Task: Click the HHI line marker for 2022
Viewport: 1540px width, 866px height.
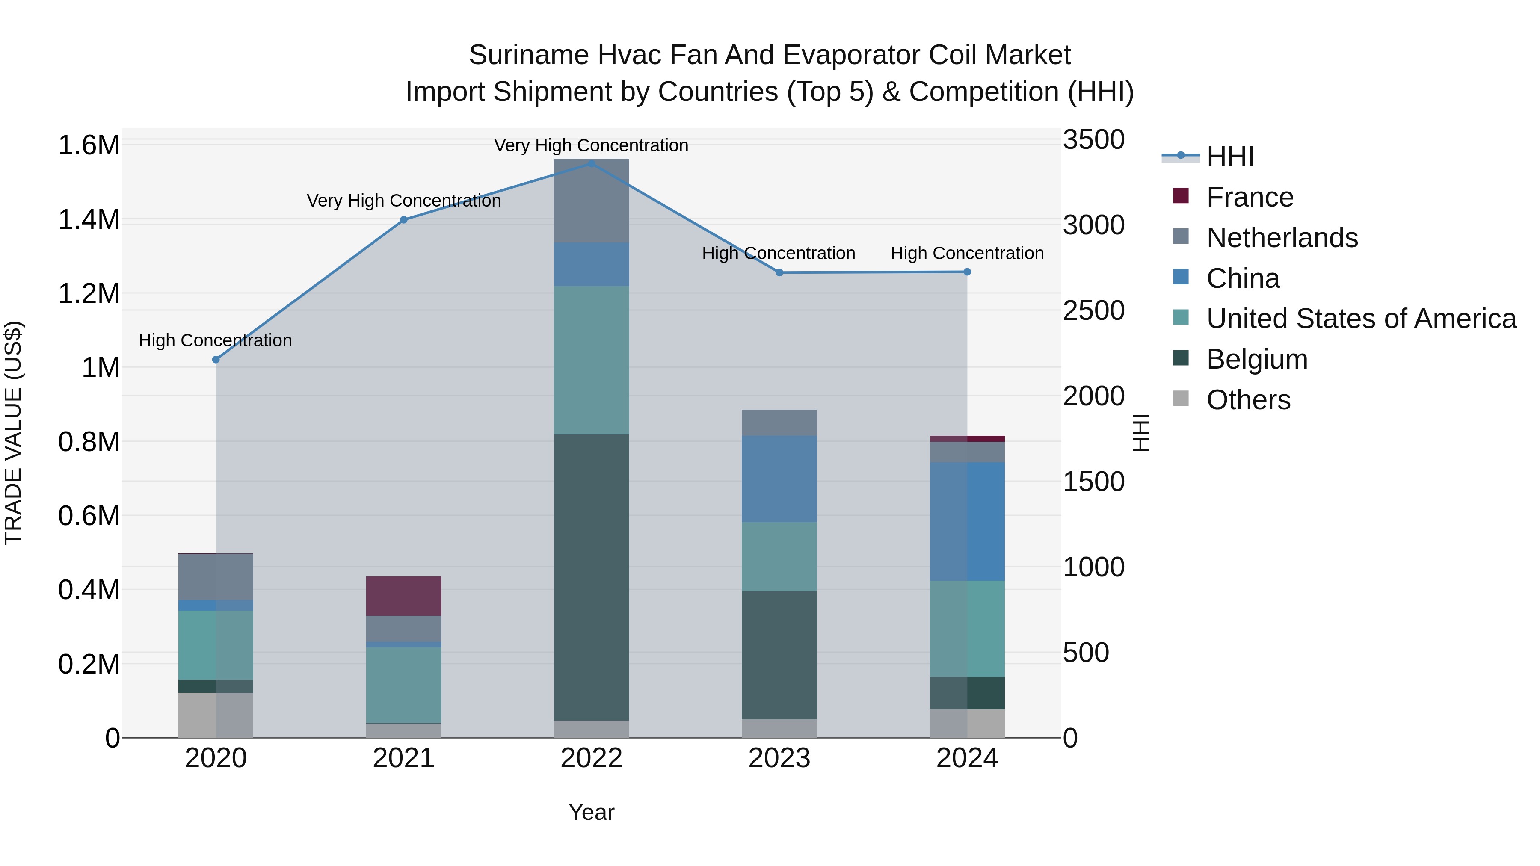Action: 591,163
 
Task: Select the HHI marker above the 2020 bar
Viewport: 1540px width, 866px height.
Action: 216,359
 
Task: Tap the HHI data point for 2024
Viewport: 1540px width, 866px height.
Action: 967,272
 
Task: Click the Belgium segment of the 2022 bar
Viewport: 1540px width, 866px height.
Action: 591,577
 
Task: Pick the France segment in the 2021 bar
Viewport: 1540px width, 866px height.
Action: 403,596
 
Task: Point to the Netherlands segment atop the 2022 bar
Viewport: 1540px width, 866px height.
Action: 591,200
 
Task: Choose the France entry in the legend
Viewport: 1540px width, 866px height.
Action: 1250,197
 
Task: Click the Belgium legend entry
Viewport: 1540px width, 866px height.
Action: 1257,359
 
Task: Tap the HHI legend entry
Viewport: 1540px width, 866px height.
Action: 1230,157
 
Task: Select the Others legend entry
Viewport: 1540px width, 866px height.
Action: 1248,400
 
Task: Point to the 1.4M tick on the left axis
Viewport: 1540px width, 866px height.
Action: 89,220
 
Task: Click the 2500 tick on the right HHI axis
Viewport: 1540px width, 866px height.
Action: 1093,311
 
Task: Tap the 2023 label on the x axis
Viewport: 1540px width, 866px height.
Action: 779,758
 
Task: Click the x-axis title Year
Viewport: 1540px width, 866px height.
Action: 591,812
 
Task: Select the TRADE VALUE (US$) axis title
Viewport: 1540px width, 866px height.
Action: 13,433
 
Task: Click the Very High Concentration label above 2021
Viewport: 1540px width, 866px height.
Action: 403,201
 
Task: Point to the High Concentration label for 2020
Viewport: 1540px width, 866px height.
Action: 215,341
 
